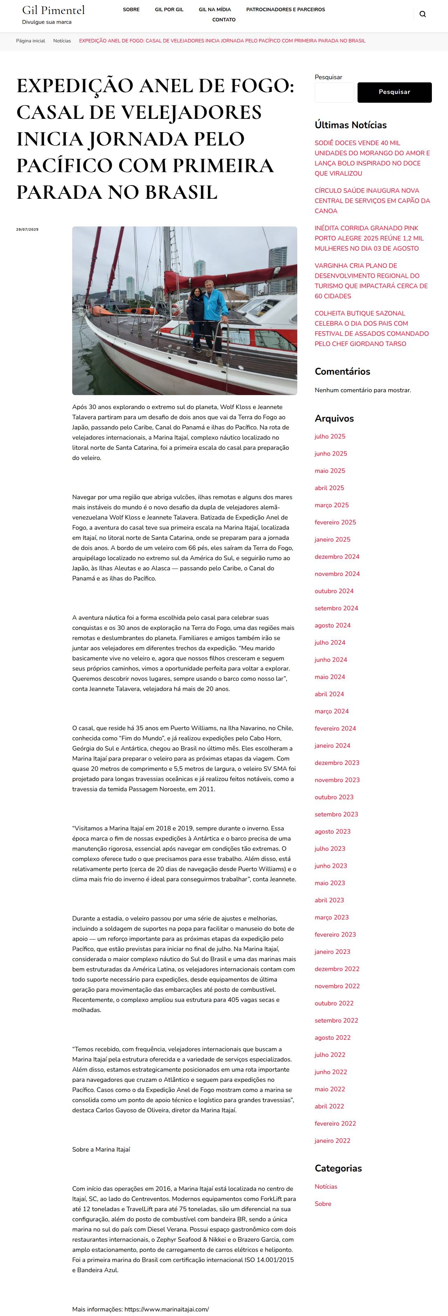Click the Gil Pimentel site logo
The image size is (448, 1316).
coord(53,10)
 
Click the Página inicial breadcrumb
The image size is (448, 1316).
coord(30,41)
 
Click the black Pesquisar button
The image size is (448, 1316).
coord(394,92)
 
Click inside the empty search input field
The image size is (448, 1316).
coord(334,93)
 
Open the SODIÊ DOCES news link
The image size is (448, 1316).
coord(372,158)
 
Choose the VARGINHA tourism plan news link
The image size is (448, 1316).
coord(371,280)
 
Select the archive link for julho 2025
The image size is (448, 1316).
coord(330,436)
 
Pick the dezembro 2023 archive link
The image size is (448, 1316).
coord(337,763)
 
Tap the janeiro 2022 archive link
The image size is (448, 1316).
coord(332,1140)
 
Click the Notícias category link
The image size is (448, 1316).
coord(326,1186)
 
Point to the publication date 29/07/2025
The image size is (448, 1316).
coord(27,229)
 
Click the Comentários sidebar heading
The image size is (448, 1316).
coord(342,371)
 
